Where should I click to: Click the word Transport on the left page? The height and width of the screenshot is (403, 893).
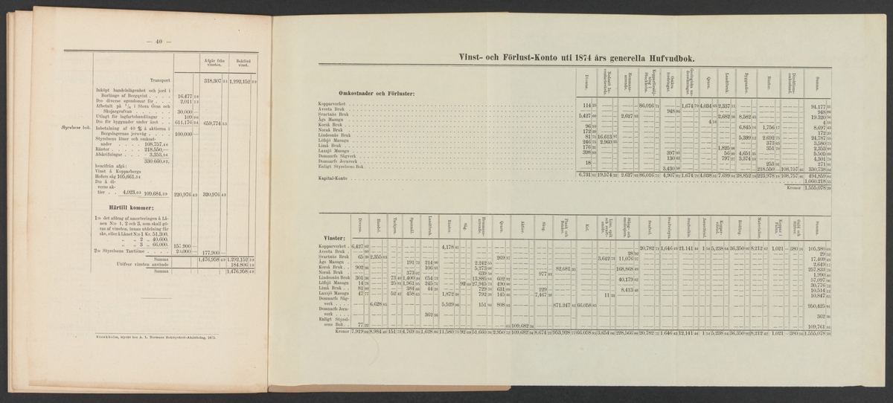pos(159,81)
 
